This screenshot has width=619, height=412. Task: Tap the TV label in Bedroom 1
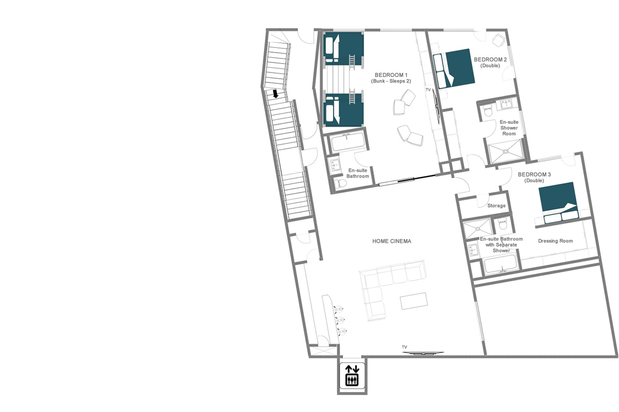pyautogui.click(x=428, y=90)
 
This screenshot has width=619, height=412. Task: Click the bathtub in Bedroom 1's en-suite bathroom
pyautogui.click(x=347, y=142)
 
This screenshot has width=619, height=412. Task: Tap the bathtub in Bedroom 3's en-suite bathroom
pyautogui.click(x=501, y=264)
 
